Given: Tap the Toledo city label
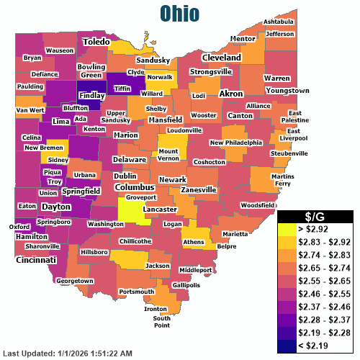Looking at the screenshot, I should pos(96,42).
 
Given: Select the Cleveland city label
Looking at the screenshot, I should pos(221,57).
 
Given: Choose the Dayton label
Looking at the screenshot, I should pos(55,206).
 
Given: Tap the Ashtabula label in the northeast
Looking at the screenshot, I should pos(278,22).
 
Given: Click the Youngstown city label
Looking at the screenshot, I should pos(287,91).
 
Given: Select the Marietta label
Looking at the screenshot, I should pos(235,234).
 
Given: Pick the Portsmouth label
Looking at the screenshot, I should pos(136,292).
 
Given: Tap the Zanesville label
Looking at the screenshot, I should pos(198,189).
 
